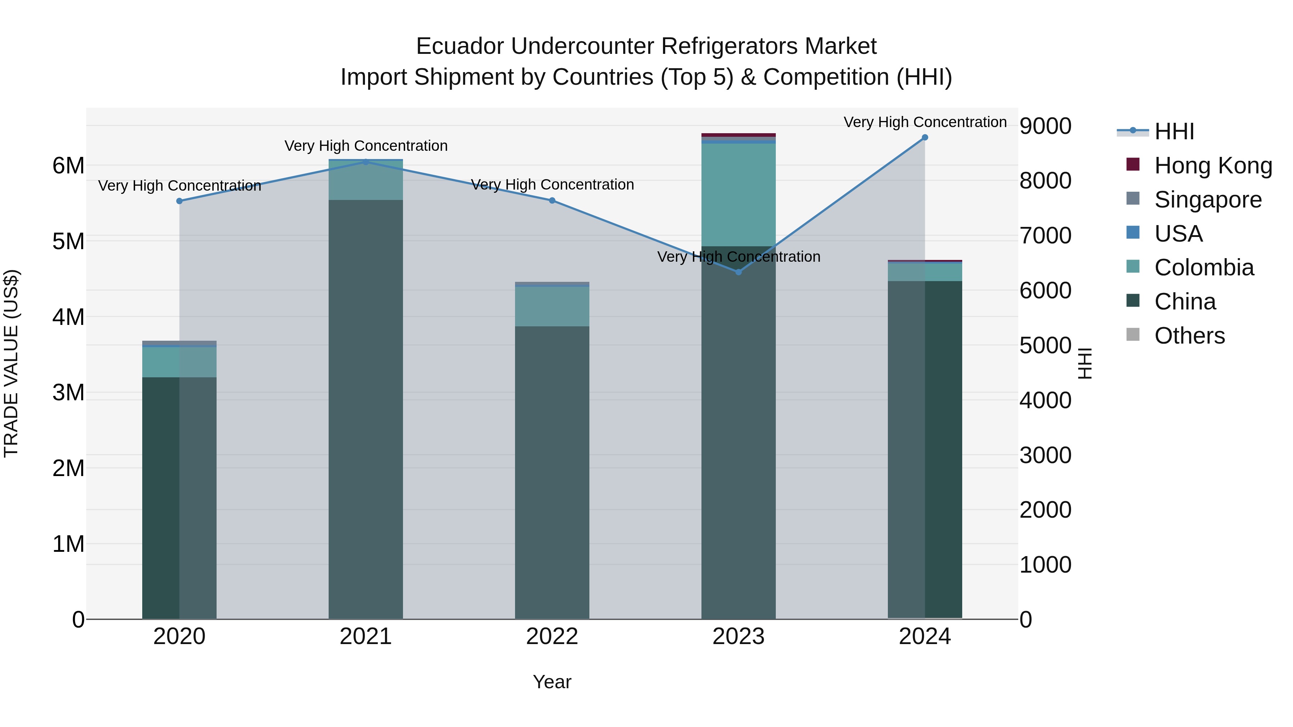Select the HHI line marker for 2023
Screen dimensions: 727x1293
click(738, 272)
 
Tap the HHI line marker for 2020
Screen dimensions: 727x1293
click(179, 201)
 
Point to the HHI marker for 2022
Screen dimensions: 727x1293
click(552, 201)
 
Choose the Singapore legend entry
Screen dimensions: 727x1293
click(1207, 200)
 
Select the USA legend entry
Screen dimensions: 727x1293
click(1178, 234)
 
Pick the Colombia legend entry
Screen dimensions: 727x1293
click(1204, 267)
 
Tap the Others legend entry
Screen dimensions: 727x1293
click(1189, 336)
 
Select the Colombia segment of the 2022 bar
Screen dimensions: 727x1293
click(552, 307)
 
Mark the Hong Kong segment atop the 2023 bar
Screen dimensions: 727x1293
click(738, 135)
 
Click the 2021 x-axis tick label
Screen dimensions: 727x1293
click(365, 637)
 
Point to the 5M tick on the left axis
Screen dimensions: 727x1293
click(68, 241)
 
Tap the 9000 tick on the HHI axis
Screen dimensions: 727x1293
click(1045, 126)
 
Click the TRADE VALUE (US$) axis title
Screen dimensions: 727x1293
click(11, 363)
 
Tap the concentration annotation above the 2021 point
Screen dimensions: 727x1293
click(366, 146)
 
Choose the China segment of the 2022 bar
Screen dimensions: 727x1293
click(552, 472)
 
